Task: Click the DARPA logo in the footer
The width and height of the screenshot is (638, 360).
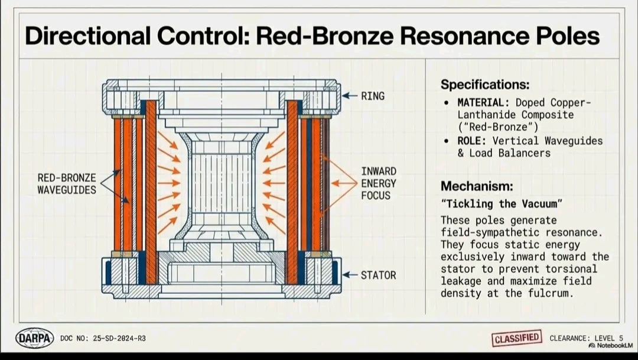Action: [35, 338]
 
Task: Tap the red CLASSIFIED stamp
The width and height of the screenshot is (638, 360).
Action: [517, 338]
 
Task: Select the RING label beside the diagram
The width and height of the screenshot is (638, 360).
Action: [373, 96]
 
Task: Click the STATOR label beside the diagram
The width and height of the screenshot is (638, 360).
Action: [379, 275]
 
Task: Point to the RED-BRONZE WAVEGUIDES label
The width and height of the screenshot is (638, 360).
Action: [67, 184]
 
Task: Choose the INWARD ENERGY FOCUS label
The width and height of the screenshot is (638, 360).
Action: [379, 183]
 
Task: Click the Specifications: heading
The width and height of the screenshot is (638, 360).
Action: [485, 85]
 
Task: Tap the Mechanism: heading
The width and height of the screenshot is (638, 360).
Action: [477, 186]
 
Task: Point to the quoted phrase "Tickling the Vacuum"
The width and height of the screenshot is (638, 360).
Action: [502, 203]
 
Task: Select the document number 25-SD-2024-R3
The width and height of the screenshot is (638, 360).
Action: [119, 338]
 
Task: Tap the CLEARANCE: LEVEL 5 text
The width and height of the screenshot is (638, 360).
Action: [587, 338]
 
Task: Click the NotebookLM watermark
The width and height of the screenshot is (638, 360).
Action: [611, 346]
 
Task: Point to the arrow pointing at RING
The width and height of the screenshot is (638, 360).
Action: [350, 96]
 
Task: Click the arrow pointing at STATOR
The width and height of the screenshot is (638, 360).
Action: [350, 275]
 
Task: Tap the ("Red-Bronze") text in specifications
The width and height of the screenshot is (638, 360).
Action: [497, 127]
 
